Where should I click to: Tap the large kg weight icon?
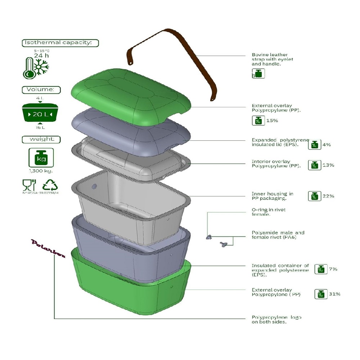coord(41,157)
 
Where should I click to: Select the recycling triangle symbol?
coord(50,185)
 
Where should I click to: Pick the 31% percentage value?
coord(334,294)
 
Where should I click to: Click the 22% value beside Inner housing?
coord(328,196)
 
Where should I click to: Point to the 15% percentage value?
coord(272,121)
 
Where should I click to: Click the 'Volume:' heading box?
coord(41,90)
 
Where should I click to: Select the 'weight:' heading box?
coord(41,139)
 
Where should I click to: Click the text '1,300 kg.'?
coord(40,171)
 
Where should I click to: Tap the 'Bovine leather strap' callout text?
coord(273,59)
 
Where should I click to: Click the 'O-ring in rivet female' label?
coord(268,212)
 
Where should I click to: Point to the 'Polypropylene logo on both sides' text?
coord(276,319)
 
